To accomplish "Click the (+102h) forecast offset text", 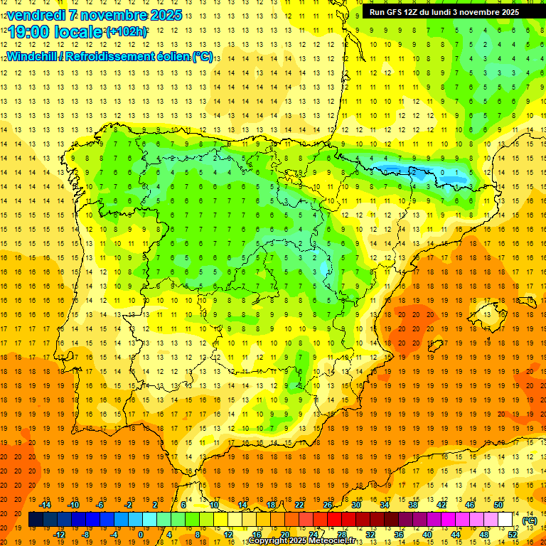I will coord(127,32).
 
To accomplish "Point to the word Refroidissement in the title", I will coord(114,57).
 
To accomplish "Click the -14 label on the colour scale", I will coord(45,505).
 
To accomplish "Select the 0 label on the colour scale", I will coord(141,535).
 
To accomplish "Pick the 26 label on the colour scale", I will coord(328,505).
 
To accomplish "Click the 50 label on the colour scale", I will coord(498,505).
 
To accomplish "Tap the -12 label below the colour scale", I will coord(60,535).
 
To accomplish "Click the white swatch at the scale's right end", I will coord(505,520).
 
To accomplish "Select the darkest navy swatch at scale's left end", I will coord(36,520).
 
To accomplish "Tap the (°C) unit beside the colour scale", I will coord(529,520).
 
